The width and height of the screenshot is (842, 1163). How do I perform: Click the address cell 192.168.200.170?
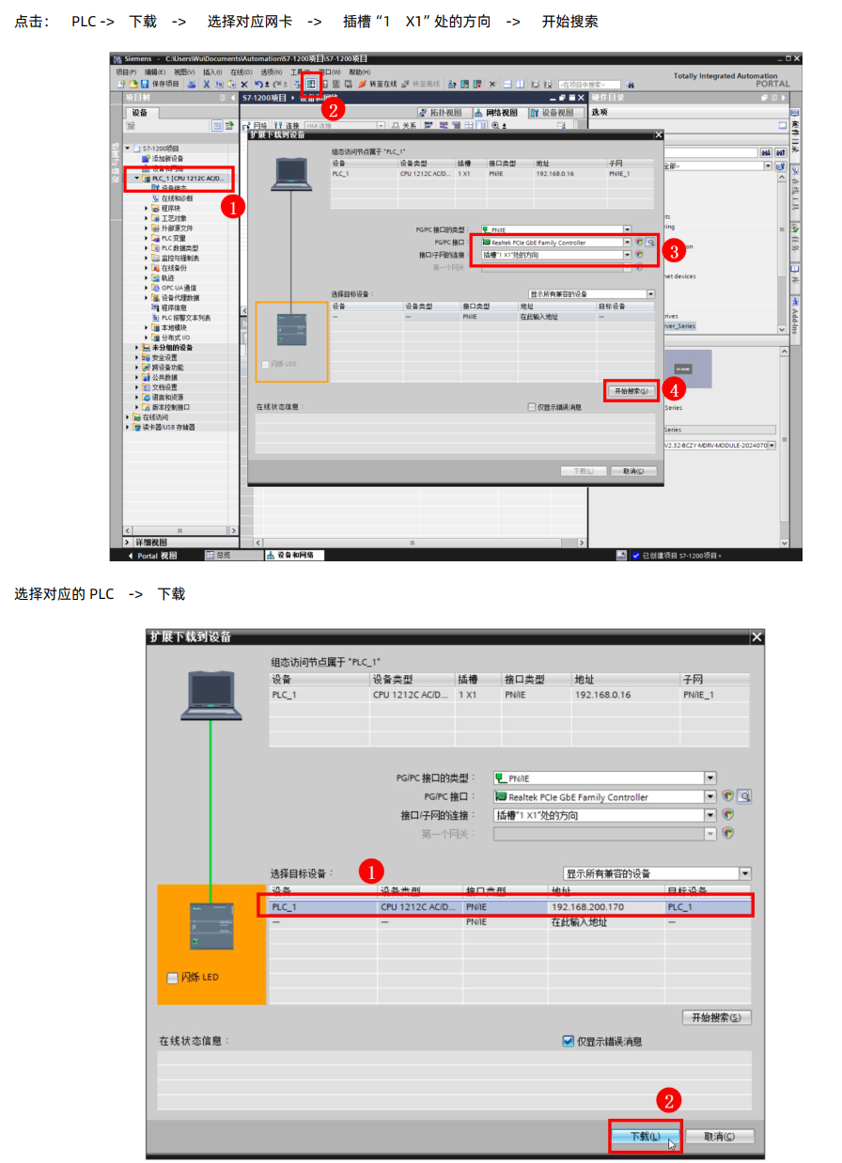click(x=587, y=906)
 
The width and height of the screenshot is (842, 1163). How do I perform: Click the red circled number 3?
click(x=673, y=250)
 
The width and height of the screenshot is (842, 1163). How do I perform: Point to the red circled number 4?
click(x=673, y=387)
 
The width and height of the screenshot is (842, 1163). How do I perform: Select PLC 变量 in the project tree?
click(x=173, y=238)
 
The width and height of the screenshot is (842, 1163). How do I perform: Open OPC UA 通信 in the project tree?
click(x=178, y=288)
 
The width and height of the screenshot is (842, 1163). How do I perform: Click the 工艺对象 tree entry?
click(x=173, y=218)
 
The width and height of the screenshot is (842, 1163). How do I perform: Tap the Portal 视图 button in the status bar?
click(x=155, y=556)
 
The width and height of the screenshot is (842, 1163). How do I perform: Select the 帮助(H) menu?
click(x=359, y=71)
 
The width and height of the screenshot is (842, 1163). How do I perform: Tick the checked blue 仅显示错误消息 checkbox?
click(x=568, y=1041)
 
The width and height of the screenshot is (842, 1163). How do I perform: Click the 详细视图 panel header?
click(x=150, y=542)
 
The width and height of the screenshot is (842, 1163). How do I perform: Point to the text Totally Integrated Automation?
click(x=725, y=75)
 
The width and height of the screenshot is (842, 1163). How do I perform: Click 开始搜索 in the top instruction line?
click(x=569, y=21)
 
